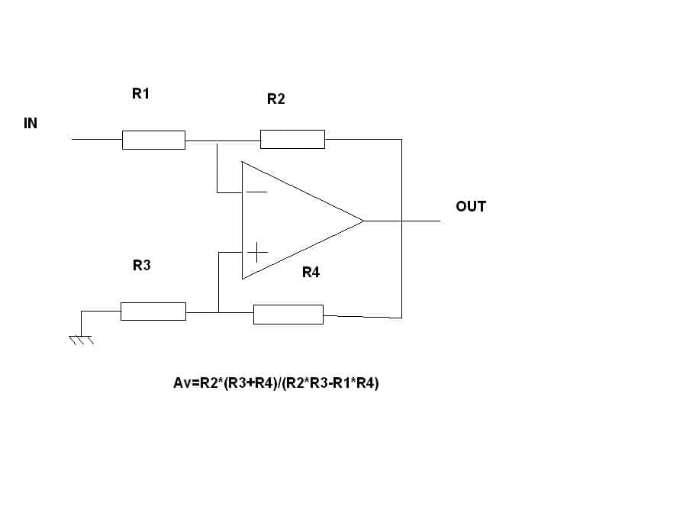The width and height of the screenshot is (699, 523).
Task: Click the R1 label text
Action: click(x=140, y=94)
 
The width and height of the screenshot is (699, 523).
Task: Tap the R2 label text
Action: click(x=276, y=99)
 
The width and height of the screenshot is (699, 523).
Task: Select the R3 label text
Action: click(x=142, y=265)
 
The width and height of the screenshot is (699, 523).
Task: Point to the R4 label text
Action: click(x=311, y=272)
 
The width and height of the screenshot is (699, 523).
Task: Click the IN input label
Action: click(x=31, y=123)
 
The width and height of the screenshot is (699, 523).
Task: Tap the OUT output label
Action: click(x=471, y=206)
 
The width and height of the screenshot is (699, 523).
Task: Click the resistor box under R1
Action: click(x=154, y=140)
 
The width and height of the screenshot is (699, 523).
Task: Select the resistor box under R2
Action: click(x=292, y=139)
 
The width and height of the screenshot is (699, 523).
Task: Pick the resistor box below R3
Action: click(x=153, y=312)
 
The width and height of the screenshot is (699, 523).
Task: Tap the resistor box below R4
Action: click(x=288, y=315)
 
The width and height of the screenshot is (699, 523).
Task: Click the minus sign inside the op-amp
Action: click(x=256, y=192)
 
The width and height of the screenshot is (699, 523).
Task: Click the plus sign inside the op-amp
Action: click(x=257, y=253)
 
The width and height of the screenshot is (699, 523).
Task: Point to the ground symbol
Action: click(x=81, y=340)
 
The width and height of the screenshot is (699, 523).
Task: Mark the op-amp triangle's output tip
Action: click(x=364, y=221)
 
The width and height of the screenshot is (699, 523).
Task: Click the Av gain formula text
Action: click(x=276, y=383)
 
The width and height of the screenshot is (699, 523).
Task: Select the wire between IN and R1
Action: click(x=97, y=139)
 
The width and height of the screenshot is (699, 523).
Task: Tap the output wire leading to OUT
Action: click(x=402, y=221)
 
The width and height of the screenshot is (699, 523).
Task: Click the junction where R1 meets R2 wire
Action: click(x=217, y=141)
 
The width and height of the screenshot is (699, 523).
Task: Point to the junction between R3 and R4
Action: click(x=218, y=312)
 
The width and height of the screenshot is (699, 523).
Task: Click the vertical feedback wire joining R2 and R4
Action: click(x=401, y=228)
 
